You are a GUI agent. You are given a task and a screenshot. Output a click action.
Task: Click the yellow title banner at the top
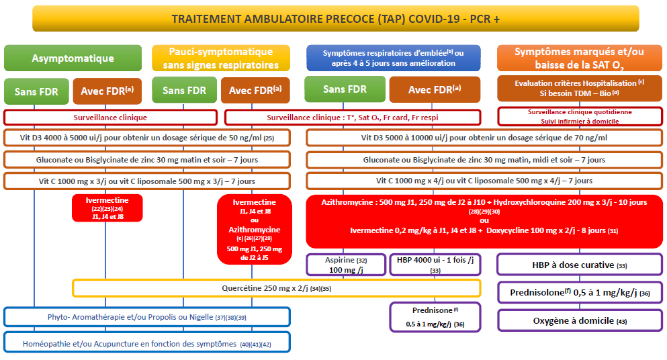point(336,19)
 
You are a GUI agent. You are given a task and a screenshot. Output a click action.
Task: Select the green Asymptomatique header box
point(73,58)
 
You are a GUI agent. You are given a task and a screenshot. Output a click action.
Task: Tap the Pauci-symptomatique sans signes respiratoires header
point(221,58)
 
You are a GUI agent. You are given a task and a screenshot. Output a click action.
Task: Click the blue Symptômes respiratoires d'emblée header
point(393,58)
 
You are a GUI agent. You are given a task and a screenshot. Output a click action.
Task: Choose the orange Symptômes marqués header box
point(580,58)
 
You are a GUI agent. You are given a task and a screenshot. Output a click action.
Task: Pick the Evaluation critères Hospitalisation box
point(580,88)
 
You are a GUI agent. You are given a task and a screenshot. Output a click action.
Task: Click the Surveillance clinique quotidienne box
point(580,117)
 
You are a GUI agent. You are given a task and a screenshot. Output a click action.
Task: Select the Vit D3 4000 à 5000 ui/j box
point(146,138)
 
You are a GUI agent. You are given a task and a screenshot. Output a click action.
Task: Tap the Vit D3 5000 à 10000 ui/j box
point(484,138)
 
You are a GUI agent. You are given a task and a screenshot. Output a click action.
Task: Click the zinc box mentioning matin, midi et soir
point(484,160)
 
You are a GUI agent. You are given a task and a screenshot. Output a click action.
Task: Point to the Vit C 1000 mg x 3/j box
point(146,181)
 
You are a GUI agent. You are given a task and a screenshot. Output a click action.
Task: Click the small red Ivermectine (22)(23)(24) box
point(107,208)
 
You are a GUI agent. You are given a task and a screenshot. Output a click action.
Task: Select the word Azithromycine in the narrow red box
point(255,230)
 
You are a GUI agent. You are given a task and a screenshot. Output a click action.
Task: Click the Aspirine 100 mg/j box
point(346,265)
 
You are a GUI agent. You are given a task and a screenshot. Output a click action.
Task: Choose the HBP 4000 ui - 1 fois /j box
point(435,265)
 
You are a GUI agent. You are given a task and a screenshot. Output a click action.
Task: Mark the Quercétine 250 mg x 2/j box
point(277,288)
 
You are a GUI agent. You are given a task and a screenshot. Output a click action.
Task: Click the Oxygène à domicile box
point(580,320)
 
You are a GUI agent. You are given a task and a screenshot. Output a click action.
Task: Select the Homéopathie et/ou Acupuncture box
point(146,343)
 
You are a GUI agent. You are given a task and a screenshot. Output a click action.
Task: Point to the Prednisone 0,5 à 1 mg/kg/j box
point(435,317)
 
